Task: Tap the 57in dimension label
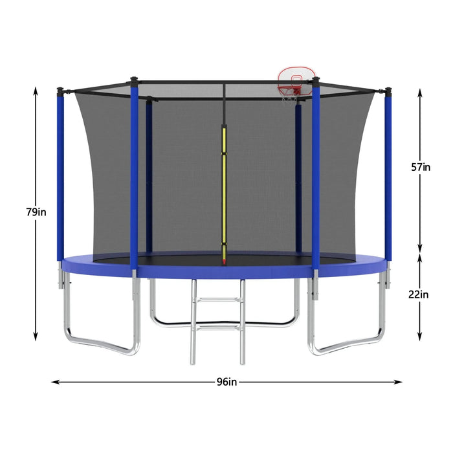421,167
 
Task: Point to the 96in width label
226,382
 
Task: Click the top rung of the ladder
218,300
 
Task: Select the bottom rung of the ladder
218,329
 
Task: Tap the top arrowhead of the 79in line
36,91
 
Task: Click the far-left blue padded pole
60,175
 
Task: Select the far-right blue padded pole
388,175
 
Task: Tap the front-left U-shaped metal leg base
104,343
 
